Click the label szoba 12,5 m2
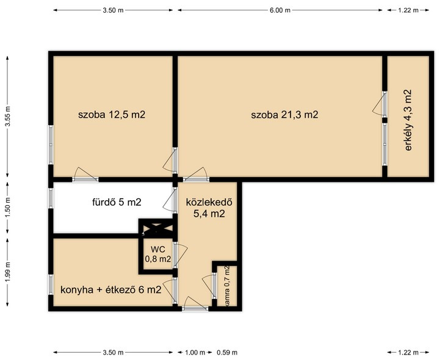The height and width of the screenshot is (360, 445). (x=112, y=115)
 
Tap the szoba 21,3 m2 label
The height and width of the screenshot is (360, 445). (x=284, y=115)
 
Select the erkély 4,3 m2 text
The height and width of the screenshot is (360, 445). (x=408, y=120)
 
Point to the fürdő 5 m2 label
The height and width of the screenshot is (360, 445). (x=117, y=202)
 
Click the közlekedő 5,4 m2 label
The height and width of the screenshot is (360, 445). (x=209, y=207)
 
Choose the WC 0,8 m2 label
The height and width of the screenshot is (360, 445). (x=158, y=254)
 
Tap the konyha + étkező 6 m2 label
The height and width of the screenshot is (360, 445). (x=111, y=290)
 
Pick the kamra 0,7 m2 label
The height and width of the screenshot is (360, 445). (x=226, y=286)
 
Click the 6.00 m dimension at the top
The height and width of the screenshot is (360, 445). (x=280, y=10)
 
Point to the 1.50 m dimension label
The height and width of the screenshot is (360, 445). (x=8, y=207)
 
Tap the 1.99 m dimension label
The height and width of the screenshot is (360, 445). (x=8, y=272)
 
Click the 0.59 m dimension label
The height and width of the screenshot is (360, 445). (x=227, y=353)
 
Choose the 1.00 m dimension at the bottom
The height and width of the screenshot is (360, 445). (x=195, y=353)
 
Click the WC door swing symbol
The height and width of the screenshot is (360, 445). (x=181, y=254)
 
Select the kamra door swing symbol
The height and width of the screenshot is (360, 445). (x=208, y=287)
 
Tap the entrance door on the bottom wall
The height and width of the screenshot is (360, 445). (x=195, y=303)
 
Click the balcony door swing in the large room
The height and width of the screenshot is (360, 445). (x=378, y=104)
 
